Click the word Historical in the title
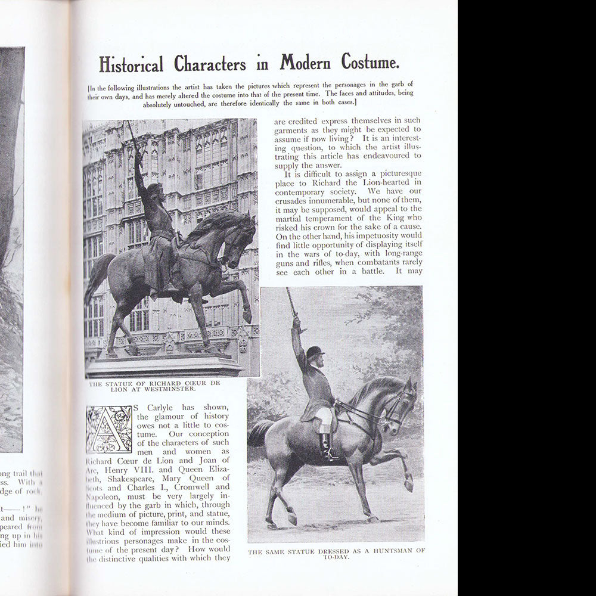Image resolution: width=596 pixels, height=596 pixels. pos(131,64)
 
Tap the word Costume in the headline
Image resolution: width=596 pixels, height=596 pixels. pos(370,62)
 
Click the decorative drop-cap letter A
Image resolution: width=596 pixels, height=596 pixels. pos(109,429)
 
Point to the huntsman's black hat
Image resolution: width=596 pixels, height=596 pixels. pos(315,352)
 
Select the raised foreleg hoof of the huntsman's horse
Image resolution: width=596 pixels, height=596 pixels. pos(408,485)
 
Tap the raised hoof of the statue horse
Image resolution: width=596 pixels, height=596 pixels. pos(246,316)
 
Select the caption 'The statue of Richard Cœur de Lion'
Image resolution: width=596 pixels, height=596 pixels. pos(154,386)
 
